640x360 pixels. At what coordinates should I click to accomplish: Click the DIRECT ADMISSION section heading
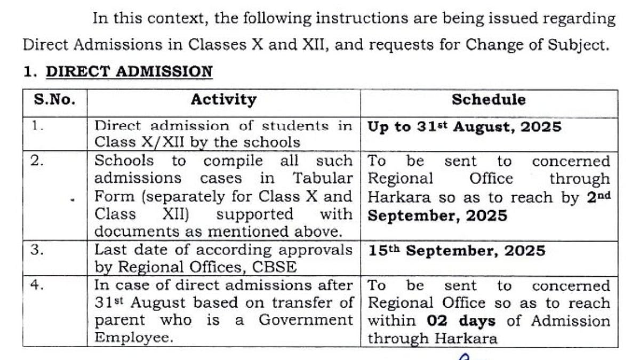[129, 71]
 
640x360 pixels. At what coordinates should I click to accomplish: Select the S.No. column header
[55, 100]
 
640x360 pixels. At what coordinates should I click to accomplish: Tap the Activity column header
[223, 100]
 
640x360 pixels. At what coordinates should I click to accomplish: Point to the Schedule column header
[489, 100]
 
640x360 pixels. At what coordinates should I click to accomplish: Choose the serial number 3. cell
[37, 250]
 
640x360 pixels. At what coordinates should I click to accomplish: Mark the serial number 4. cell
[37, 285]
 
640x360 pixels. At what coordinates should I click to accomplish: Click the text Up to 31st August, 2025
[465, 127]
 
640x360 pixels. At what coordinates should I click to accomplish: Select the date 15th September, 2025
[457, 251]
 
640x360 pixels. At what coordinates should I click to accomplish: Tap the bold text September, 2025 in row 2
[437, 216]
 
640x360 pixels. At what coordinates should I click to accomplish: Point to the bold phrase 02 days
[461, 321]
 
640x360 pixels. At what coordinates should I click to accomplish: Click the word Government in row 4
[306, 321]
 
